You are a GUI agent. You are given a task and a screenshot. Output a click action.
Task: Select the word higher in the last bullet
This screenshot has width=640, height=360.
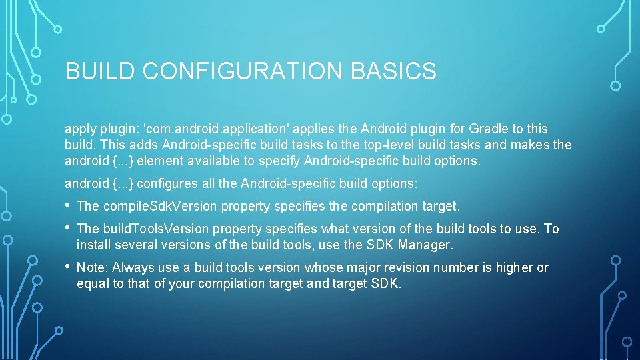pyautogui.click(x=513, y=267)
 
